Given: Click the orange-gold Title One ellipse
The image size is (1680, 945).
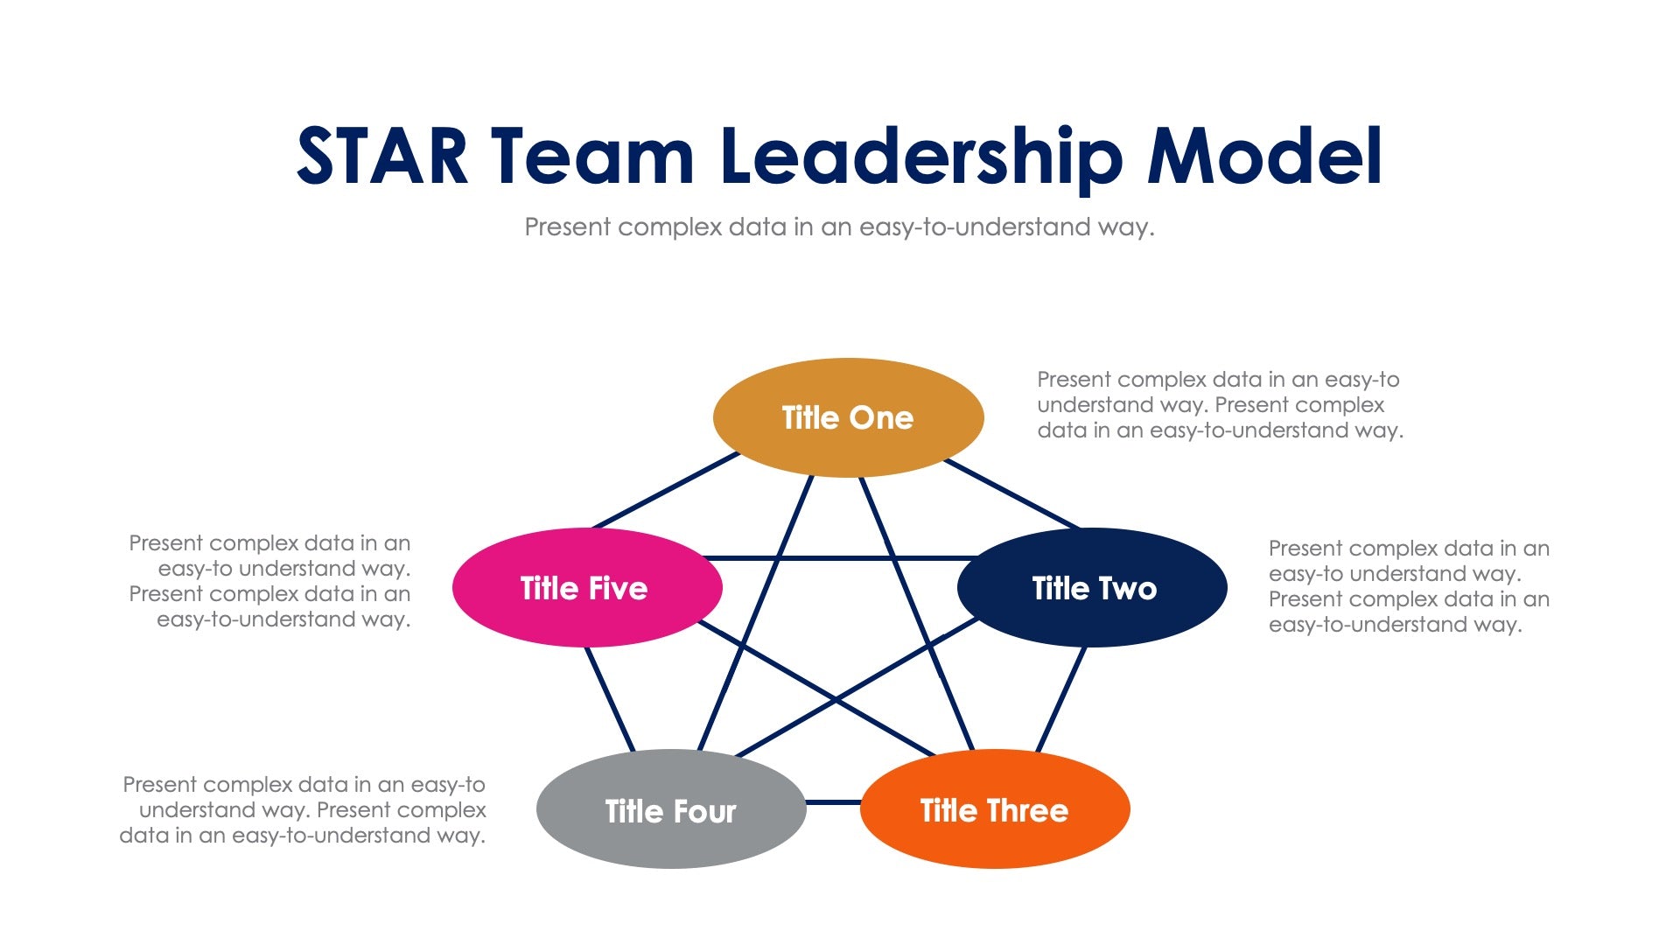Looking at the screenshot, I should [x=848, y=417].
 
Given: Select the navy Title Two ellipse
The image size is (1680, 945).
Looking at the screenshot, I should [x=1093, y=588].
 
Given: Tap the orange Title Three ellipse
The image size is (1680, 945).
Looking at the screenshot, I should [x=995, y=809].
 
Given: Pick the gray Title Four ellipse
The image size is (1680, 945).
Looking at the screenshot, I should [x=671, y=809].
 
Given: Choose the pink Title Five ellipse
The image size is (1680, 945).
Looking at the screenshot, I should [x=586, y=588].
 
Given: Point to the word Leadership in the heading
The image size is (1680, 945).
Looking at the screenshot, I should [x=921, y=157].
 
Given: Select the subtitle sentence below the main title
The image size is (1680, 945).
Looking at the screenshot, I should [x=839, y=227].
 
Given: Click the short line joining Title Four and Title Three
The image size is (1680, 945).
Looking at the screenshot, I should [x=833, y=801].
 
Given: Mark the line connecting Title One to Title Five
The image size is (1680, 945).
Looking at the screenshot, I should [x=667, y=491].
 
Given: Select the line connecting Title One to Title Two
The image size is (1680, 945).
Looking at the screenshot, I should [x=1012, y=494].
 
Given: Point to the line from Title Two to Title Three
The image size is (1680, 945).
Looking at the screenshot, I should [x=1061, y=698].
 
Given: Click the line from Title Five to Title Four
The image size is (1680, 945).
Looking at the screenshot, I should [x=610, y=698].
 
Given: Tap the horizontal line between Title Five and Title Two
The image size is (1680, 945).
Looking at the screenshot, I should [x=840, y=557].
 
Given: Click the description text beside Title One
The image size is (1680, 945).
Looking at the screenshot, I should [x=1220, y=405].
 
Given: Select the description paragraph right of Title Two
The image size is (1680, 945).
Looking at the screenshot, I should [x=1409, y=586].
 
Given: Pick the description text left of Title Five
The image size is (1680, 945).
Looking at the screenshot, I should [x=270, y=581].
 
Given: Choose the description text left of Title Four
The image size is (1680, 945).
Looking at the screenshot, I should [x=303, y=810].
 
